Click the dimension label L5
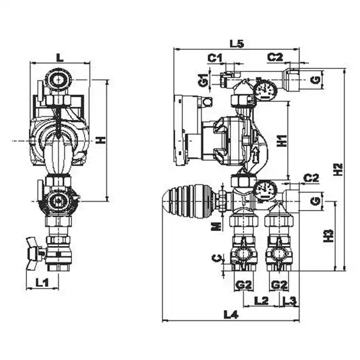[x=237, y=44]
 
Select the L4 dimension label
[x=231, y=315]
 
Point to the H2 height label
[x=338, y=169]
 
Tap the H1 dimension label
[x=283, y=140]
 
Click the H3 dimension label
[x=328, y=236]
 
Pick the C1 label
[x=215, y=58]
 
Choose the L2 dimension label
[x=261, y=301]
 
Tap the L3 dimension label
[x=290, y=301]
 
